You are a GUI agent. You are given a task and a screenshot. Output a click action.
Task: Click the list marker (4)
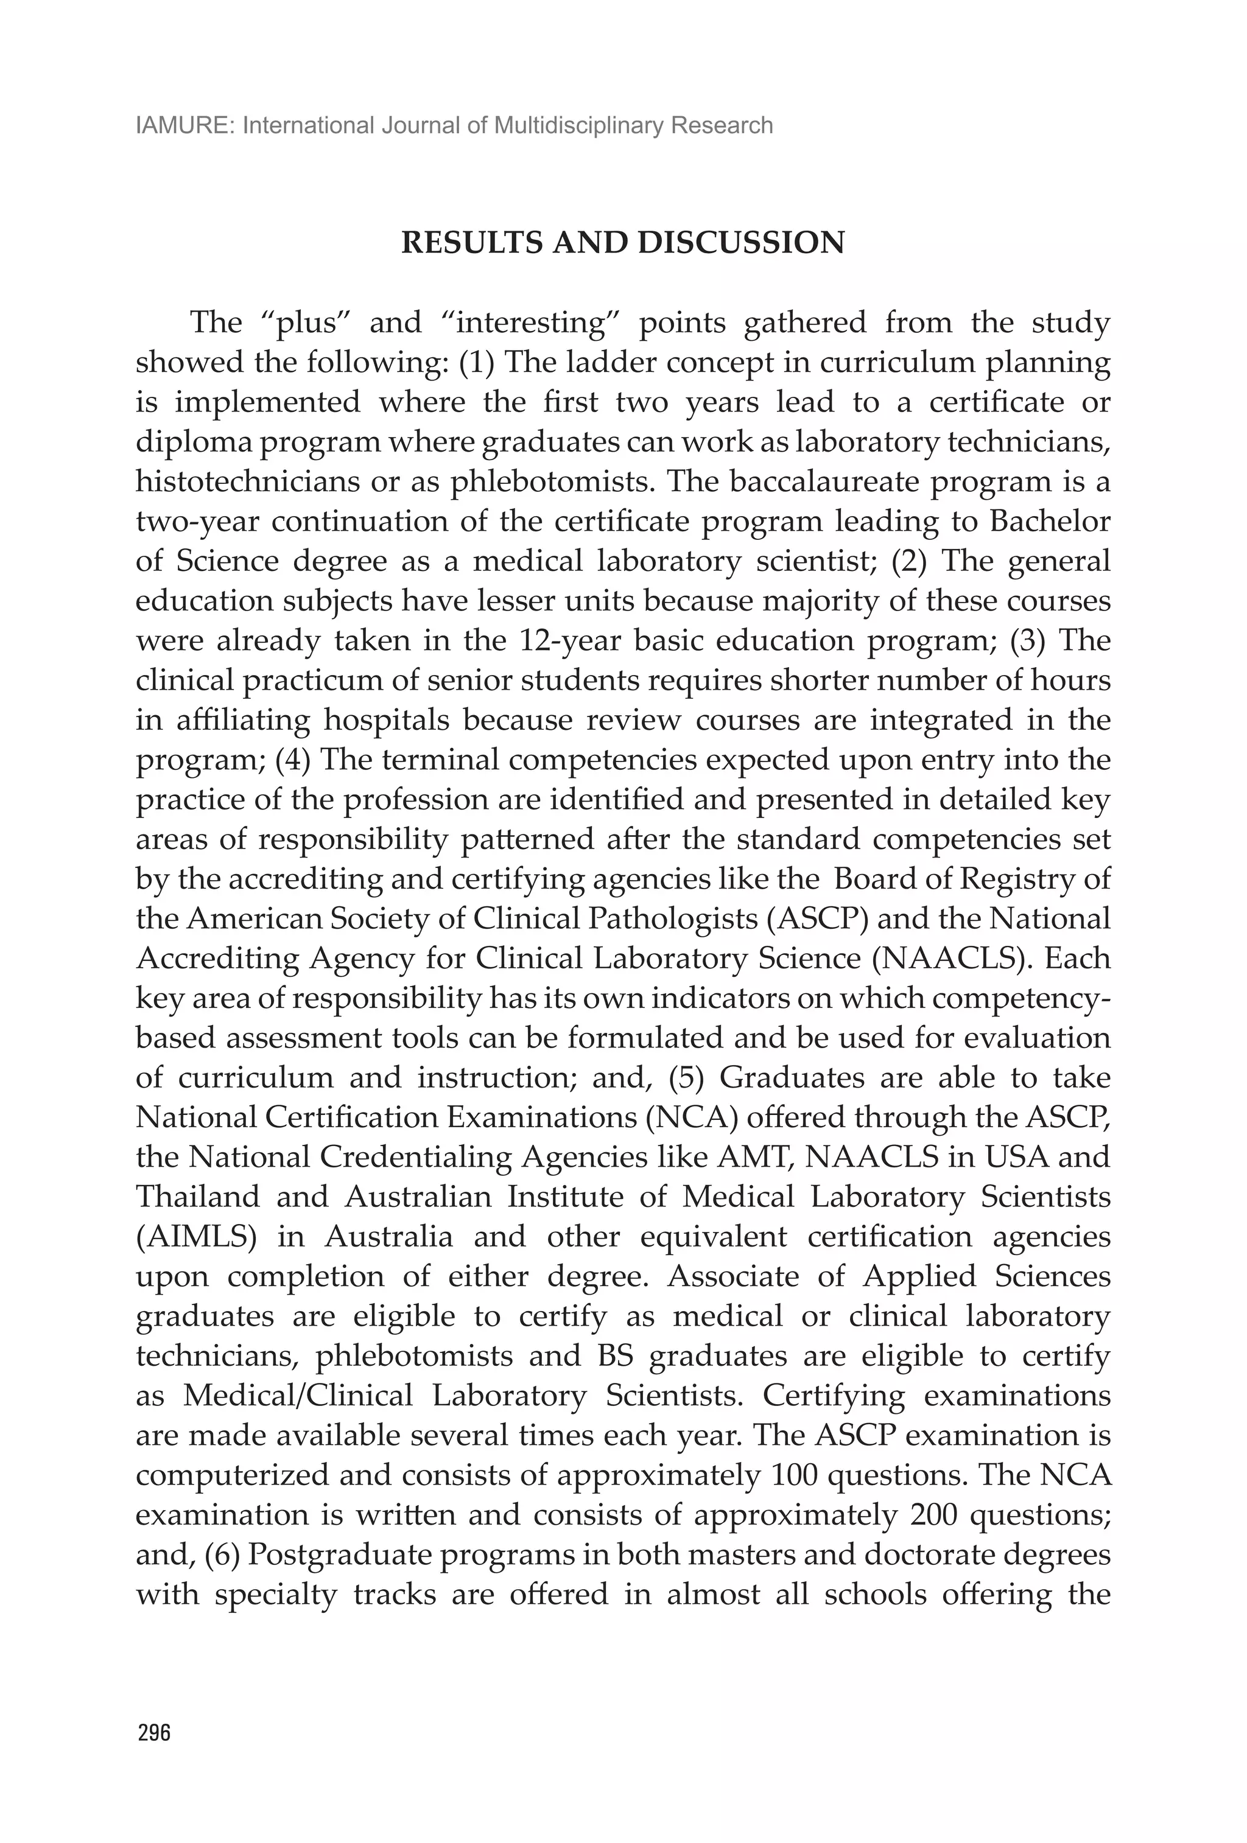coord(293,760)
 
